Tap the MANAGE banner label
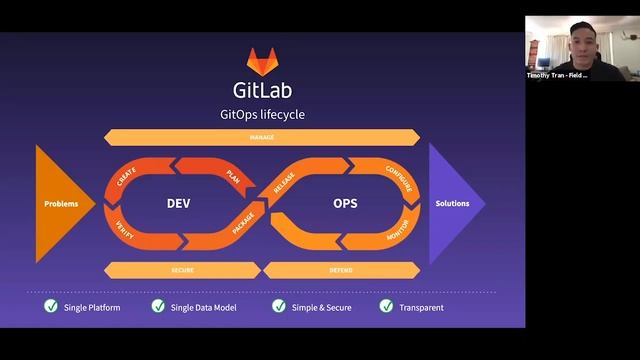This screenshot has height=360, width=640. click(x=262, y=137)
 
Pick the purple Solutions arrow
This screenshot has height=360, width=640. click(x=454, y=203)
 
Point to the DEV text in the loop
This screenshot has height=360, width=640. click(x=178, y=203)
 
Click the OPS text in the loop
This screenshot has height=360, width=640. click(x=345, y=203)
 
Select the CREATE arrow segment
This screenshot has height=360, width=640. click(x=127, y=177)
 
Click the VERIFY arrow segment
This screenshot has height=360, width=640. click(x=126, y=228)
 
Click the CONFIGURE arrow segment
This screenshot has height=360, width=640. click(x=398, y=176)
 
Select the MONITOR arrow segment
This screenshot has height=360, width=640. click(x=397, y=231)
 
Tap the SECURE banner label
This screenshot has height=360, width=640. click(x=182, y=270)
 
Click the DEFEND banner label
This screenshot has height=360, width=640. click(x=341, y=270)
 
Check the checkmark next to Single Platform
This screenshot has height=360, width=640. click(x=51, y=306)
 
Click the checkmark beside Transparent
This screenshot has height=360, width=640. click(x=386, y=306)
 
